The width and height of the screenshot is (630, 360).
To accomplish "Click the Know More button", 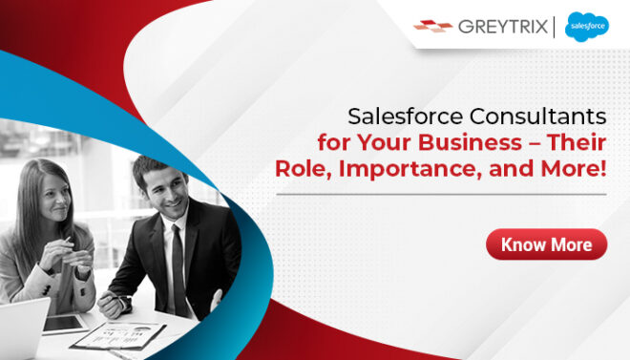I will point(546,244).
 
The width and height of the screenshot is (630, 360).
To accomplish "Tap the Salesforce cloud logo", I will point(586,28).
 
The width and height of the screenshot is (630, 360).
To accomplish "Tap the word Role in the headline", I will point(299,169).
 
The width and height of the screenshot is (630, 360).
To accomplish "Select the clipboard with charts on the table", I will point(119,335).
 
